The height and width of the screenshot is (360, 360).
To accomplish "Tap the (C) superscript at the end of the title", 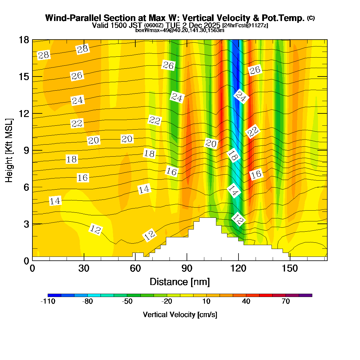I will pos(311,18).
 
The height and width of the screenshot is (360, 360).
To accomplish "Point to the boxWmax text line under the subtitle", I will pos(180,30).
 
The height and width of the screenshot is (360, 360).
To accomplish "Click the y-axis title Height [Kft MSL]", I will pos(9,150).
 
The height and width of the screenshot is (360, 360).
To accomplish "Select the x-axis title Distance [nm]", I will pos(180,282).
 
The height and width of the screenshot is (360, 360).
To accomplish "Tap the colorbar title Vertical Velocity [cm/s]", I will pos(180,315).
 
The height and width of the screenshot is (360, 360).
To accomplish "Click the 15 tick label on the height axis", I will pos(24,77).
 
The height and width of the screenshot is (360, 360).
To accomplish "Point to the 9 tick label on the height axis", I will pos(26,150).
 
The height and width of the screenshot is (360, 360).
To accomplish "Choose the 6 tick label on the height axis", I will pos(26,187).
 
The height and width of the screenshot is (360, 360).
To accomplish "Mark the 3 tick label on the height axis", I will pos(26,224).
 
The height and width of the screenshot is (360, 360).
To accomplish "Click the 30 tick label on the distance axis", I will pos(84,268).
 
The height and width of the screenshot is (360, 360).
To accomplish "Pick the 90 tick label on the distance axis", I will pos(187,268).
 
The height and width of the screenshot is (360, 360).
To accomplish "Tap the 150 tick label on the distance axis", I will pos(290,268).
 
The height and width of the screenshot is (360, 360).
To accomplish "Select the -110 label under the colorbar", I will pos(48,301).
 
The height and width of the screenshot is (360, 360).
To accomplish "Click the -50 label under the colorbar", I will pos(127,301).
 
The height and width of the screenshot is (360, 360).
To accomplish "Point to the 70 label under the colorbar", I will pos(286,301).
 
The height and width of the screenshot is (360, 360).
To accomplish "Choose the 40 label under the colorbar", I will pos(246,301).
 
